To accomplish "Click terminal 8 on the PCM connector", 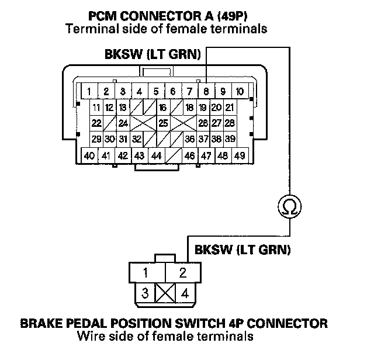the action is point(206,91).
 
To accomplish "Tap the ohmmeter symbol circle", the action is point(290,206).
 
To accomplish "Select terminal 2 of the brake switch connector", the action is point(183,273).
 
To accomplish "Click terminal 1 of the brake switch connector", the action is point(147,273).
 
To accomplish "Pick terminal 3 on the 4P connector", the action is point(145,293).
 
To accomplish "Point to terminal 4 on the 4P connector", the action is point(185,293).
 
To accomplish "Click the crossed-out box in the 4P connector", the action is point(165,293).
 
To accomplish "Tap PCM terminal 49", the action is point(240,156).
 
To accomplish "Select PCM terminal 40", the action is point(89,156).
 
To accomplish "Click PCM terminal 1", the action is point(89,91).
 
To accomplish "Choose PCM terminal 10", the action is point(240,91).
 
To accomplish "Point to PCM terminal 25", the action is point(164,123).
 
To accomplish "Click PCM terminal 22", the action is point(96,123).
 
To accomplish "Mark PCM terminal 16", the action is point(163,108).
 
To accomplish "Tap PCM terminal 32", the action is point(137,139).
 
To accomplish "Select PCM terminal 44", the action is point(157,156).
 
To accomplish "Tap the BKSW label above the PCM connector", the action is point(123,54).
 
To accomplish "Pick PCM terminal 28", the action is point(230,123).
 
